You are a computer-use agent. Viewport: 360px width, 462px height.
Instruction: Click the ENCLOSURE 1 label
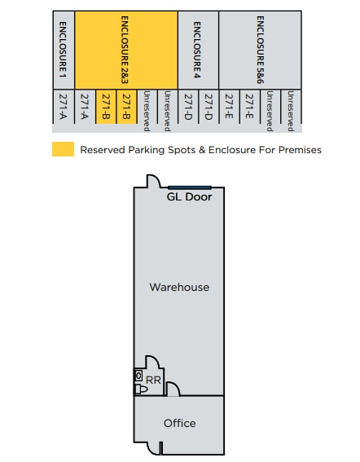tap(63, 50)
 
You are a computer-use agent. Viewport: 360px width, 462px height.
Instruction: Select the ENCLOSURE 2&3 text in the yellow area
tap(125, 50)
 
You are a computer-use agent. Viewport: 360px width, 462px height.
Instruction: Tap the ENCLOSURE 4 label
tap(197, 50)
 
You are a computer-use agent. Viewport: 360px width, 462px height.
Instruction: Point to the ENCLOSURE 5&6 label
tap(261, 50)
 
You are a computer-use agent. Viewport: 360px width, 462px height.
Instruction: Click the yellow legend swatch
tap(63, 149)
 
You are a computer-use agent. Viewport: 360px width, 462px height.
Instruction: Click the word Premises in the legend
tap(300, 150)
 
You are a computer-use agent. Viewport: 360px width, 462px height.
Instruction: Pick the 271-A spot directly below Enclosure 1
tap(63, 107)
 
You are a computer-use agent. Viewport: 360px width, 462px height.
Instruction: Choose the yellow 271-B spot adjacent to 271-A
tap(106, 107)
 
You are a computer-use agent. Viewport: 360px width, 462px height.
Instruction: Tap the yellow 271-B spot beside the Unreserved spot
tap(126, 107)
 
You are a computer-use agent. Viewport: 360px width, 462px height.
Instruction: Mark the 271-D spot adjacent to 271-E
tap(209, 107)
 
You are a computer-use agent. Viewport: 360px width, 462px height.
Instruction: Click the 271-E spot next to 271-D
tap(229, 107)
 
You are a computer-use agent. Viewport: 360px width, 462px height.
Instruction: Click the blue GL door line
tap(190, 187)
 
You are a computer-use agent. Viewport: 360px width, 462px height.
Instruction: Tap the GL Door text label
tap(189, 197)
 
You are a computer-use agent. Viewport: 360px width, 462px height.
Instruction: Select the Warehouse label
tap(179, 288)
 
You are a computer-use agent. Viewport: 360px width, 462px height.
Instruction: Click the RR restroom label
tap(153, 380)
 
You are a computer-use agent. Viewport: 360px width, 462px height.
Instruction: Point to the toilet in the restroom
tap(141, 389)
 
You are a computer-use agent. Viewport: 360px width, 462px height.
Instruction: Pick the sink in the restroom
tap(138, 376)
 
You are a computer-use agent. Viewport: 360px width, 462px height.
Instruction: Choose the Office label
tap(180, 424)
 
